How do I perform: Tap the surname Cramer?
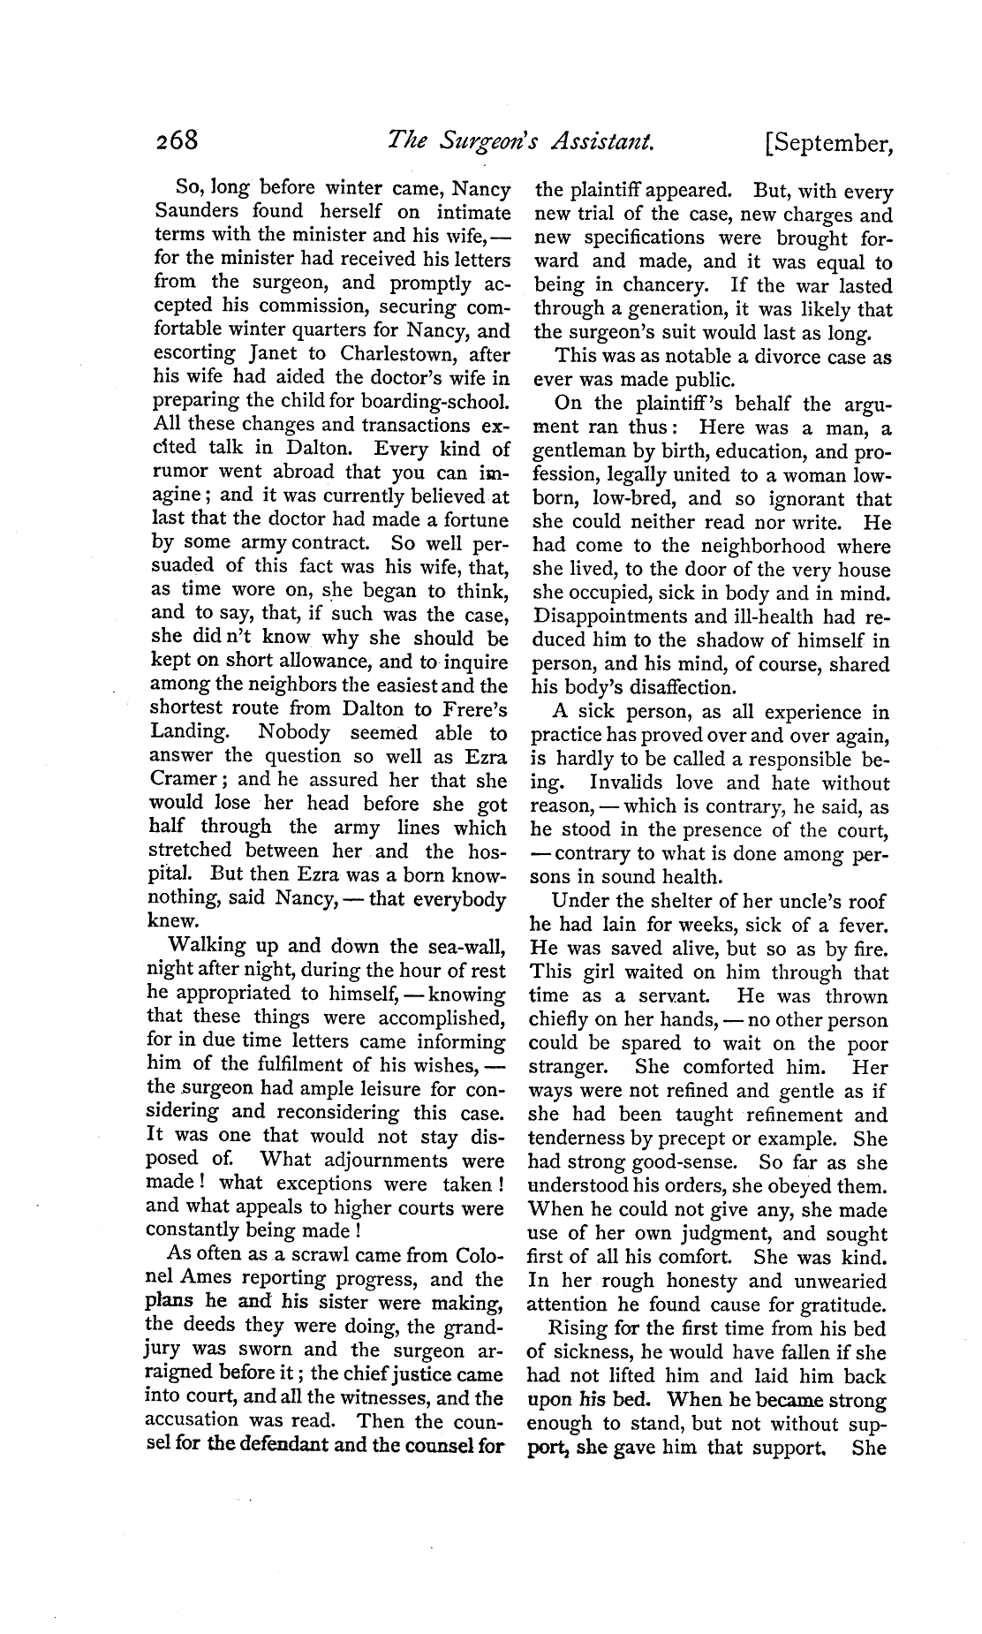point(183,782)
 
